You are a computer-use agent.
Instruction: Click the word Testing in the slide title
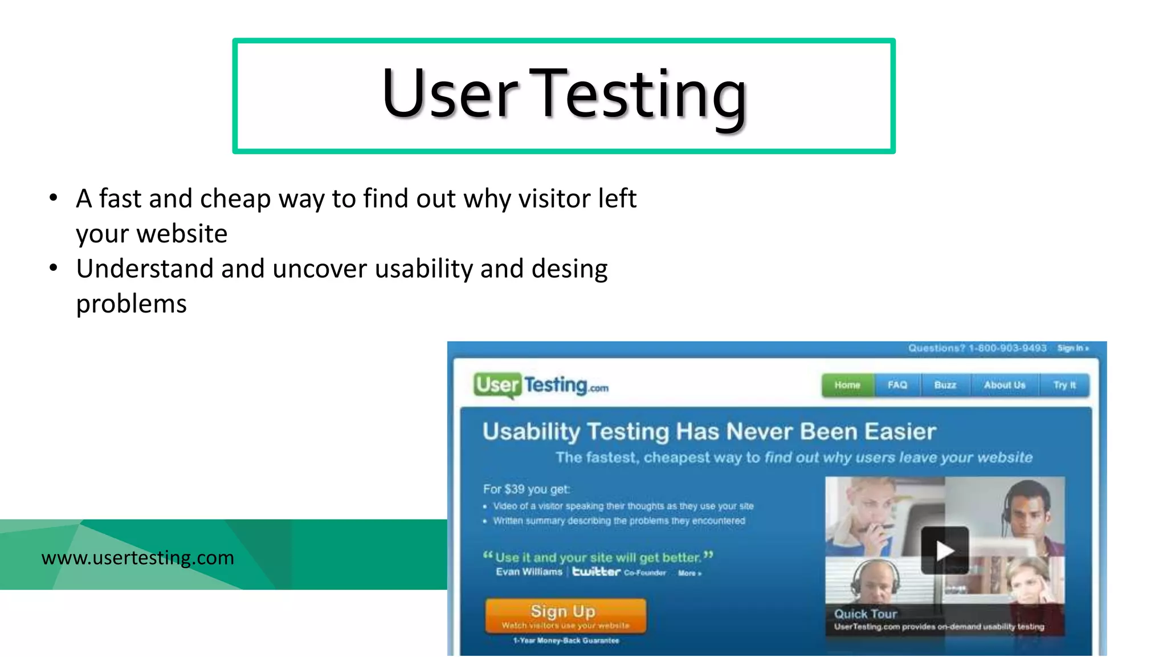pos(640,94)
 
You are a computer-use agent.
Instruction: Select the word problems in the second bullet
pos(131,304)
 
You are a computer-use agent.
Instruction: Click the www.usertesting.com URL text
pos(137,557)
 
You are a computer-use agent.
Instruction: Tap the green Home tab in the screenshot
pos(847,386)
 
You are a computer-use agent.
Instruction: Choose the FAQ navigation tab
pos(897,386)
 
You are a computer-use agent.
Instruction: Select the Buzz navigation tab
pos(945,386)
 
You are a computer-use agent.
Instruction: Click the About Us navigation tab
pos(1004,386)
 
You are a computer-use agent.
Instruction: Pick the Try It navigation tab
pos(1064,386)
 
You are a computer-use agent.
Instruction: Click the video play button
pos(944,550)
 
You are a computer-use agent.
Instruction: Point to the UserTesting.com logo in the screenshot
pos(540,386)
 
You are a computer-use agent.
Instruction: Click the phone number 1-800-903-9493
pos(1007,348)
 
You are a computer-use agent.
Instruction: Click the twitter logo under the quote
pos(596,571)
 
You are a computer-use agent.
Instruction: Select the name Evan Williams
pos(529,572)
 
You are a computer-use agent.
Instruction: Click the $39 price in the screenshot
pos(515,489)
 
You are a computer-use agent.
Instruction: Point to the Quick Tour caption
pos(865,614)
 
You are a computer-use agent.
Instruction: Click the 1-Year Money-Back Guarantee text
pos(566,640)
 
